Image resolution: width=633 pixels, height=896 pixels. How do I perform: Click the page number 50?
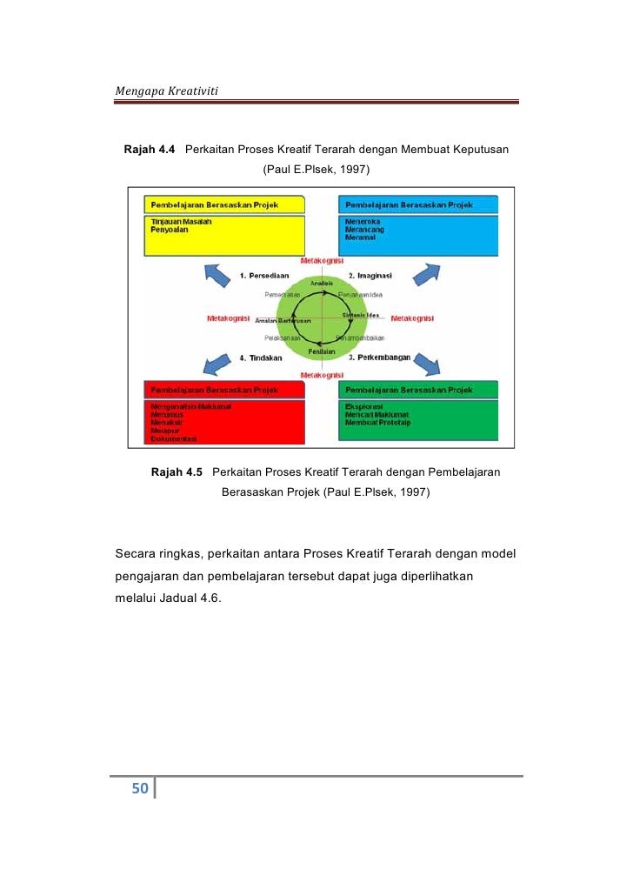[x=140, y=789]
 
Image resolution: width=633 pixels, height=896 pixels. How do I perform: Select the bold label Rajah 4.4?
[x=150, y=150]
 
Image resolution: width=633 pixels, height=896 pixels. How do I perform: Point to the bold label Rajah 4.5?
[x=177, y=472]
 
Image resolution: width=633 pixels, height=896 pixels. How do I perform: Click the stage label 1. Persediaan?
[x=265, y=276]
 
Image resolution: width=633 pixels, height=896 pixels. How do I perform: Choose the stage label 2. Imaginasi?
[x=369, y=275]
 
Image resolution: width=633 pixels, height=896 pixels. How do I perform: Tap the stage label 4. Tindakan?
[x=261, y=358]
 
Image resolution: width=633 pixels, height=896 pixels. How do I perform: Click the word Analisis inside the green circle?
[x=321, y=283]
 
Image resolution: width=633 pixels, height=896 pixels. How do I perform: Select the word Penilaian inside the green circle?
[x=322, y=351]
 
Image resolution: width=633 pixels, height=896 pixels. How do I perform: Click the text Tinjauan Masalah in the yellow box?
[x=182, y=222]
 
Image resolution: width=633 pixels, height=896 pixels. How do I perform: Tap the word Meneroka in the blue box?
[x=363, y=221]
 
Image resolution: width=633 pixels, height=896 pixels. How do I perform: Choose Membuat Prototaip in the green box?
[x=377, y=423]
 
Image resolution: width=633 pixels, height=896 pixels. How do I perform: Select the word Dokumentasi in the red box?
[x=174, y=438]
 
